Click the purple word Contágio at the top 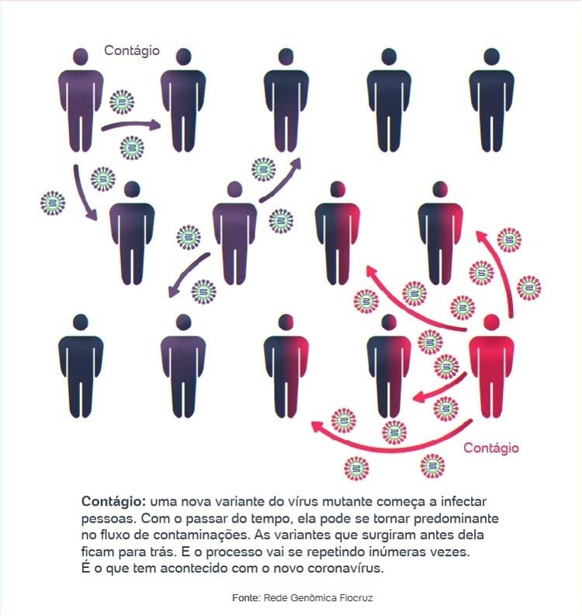(x=132, y=50)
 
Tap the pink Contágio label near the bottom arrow (x=491, y=448)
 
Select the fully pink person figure (x=491, y=366)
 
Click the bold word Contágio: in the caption (x=114, y=502)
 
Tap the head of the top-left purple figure (x=81, y=56)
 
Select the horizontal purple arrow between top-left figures (x=131, y=126)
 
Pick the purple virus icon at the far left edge (x=53, y=203)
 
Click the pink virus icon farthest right (x=528, y=288)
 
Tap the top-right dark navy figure (x=491, y=100)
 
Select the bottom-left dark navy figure (x=81, y=366)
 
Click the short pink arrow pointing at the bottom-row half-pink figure (x=439, y=389)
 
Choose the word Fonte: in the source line (x=246, y=598)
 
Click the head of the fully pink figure (x=491, y=322)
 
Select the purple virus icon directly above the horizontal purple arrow (x=122, y=102)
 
